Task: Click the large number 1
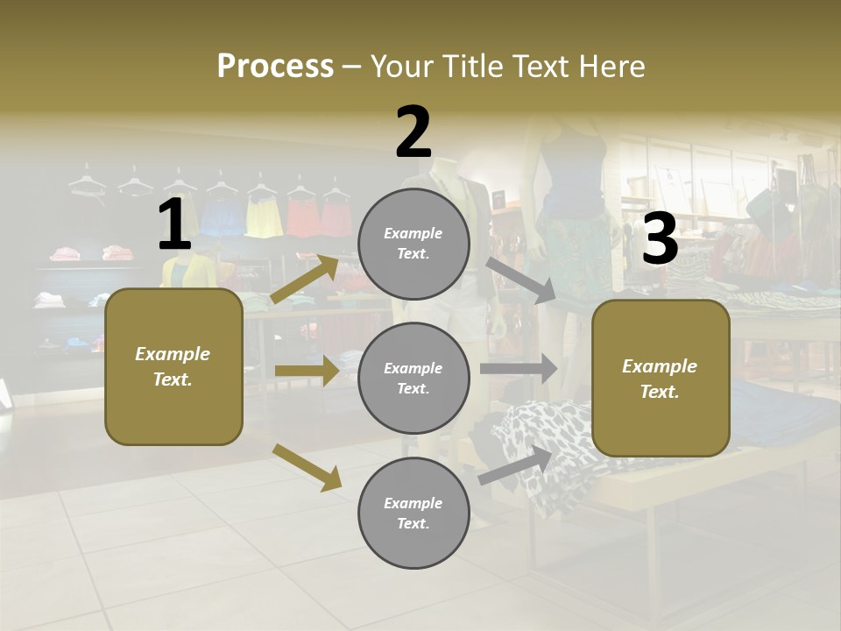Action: tap(174, 225)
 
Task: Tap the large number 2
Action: tap(413, 132)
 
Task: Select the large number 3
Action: tap(660, 239)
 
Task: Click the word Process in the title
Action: tap(275, 66)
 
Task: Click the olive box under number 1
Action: tap(173, 366)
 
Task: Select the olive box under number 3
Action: tap(661, 378)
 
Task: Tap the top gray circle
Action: tap(413, 244)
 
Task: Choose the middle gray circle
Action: tap(413, 378)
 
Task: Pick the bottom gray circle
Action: tap(413, 513)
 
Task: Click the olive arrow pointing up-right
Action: tap(305, 279)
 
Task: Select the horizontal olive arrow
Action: tap(306, 371)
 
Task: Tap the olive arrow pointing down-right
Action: tap(307, 466)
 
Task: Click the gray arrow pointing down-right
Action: tap(520, 280)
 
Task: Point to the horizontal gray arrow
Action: tap(518, 368)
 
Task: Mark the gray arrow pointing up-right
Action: tap(516, 464)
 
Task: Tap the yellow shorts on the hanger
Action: tap(263, 216)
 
